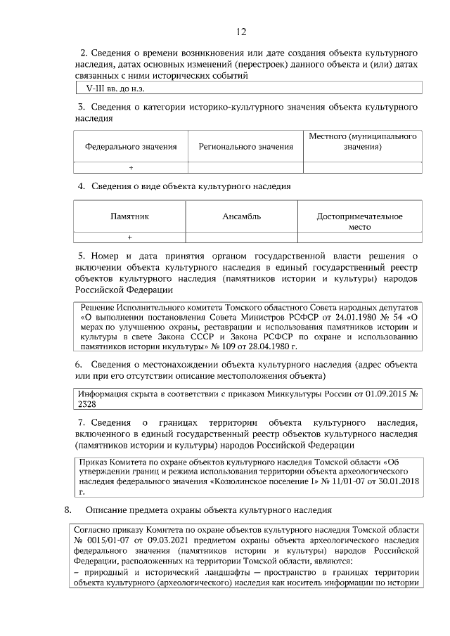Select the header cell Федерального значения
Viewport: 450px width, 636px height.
[130, 147]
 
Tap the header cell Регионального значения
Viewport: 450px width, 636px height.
[245, 147]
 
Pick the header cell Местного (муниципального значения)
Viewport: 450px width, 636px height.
[363, 141]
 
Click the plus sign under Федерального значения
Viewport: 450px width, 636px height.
[131, 167]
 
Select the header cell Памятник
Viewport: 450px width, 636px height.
[130, 217]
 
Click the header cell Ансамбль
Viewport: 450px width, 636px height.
[242, 217]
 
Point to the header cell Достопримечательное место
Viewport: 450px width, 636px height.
[359, 222]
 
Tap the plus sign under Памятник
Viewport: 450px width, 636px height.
[130, 238]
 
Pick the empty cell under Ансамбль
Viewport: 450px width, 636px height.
[242, 238]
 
